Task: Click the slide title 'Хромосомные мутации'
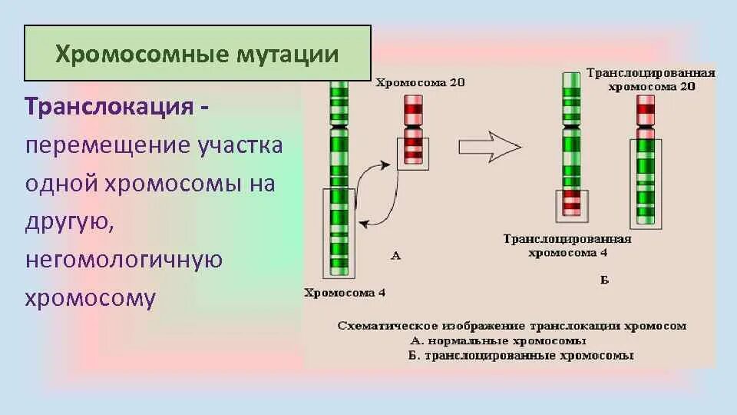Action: pos(197,54)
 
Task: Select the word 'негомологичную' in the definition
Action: pos(124,260)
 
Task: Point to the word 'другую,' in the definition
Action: pos(70,221)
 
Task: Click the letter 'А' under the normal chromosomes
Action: pos(396,256)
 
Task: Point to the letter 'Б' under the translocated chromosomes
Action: pos(604,281)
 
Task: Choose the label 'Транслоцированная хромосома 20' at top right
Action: pos(651,79)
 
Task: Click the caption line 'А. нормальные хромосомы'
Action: pos(498,341)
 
